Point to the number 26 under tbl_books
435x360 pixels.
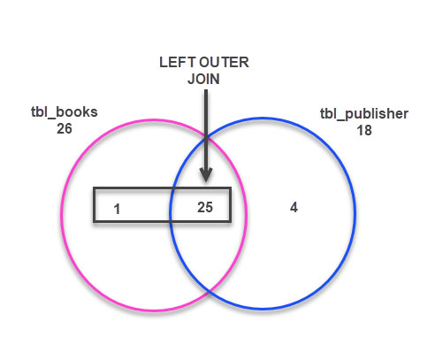click(x=63, y=128)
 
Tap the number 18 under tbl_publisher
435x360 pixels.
click(x=363, y=128)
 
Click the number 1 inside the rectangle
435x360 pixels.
click(x=116, y=210)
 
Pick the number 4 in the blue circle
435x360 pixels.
click(x=294, y=207)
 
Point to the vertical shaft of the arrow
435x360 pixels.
click(x=204, y=124)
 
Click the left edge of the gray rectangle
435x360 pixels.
click(x=94, y=205)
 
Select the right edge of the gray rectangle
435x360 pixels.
click(x=230, y=205)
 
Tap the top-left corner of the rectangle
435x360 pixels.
click(x=94, y=188)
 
